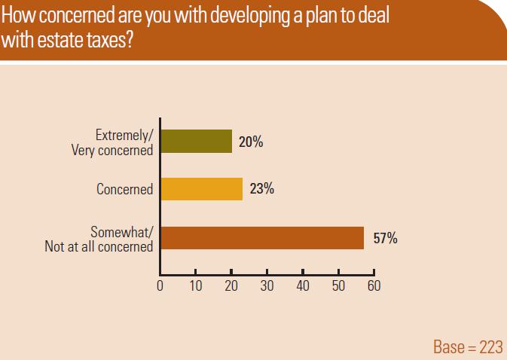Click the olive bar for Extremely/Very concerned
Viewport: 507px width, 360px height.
pyautogui.click(x=197, y=142)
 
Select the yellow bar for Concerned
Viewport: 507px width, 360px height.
pyautogui.click(x=202, y=189)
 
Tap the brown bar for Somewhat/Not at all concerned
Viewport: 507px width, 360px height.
pyautogui.click(x=262, y=238)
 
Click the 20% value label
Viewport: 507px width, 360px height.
pyautogui.click(x=251, y=142)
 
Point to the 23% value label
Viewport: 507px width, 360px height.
pyautogui.click(x=262, y=189)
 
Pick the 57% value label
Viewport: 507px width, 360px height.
pyautogui.click(x=386, y=238)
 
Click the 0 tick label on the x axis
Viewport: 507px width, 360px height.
pyautogui.click(x=160, y=285)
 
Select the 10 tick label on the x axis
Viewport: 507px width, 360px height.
pyautogui.click(x=196, y=285)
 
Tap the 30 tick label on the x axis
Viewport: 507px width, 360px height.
pyautogui.click(x=267, y=285)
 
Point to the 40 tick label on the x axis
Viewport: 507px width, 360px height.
pyautogui.click(x=303, y=285)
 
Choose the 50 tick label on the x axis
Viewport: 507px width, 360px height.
pyautogui.click(x=338, y=285)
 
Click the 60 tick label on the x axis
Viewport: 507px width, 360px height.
pyautogui.click(x=374, y=285)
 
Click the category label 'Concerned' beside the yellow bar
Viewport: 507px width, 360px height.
pyautogui.click(x=125, y=189)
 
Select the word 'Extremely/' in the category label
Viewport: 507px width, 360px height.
pyautogui.click(x=124, y=135)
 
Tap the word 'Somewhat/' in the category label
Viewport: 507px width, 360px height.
pyautogui.click(x=122, y=232)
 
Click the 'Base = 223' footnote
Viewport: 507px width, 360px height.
pyautogui.click(x=468, y=347)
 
